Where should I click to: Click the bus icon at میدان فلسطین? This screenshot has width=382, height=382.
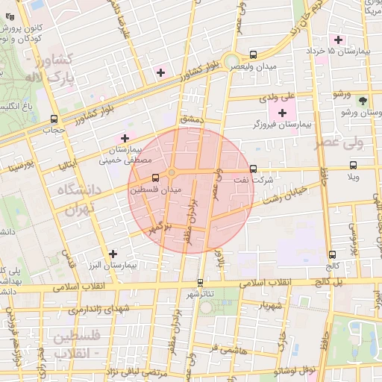155,178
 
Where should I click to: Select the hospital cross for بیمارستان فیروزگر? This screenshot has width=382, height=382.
281,112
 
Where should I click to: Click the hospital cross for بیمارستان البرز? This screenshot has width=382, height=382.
113,254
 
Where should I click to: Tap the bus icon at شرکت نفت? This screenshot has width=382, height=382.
254,169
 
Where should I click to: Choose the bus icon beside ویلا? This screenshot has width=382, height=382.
353,166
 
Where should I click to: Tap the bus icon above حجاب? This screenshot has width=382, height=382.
54,119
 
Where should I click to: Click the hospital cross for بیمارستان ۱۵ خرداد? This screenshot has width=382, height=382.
339,39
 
